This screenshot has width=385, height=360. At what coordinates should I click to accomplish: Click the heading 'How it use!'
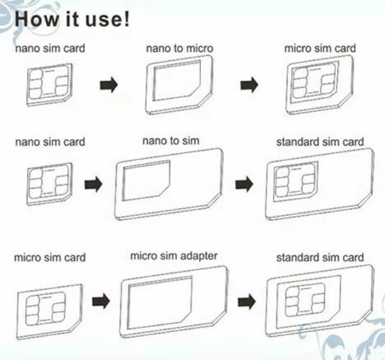click(x=72, y=19)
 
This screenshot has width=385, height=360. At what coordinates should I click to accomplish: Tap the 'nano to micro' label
click(x=179, y=48)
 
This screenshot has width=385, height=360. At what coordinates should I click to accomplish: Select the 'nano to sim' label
click(x=171, y=141)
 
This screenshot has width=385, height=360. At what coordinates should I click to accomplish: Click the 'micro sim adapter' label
click(x=174, y=256)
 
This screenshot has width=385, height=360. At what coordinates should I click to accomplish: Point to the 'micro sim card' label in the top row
click(x=320, y=48)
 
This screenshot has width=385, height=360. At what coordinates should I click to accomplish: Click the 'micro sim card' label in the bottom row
click(x=50, y=258)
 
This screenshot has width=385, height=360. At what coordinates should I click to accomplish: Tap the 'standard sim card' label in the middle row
click(x=320, y=142)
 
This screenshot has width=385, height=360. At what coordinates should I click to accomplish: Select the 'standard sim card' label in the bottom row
click(x=320, y=258)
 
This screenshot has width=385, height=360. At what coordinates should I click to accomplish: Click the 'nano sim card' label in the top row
click(x=50, y=48)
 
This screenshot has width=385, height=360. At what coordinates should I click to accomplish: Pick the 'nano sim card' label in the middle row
click(x=50, y=142)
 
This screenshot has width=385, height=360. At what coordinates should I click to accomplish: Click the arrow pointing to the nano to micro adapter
click(x=109, y=85)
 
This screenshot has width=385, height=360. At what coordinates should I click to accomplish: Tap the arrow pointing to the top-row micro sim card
click(x=249, y=85)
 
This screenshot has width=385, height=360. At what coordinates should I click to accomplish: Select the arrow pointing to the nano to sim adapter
click(x=93, y=184)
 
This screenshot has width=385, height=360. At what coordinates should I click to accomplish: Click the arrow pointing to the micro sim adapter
click(x=101, y=301)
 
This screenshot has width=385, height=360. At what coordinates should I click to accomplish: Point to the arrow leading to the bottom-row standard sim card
click(x=247, y=301)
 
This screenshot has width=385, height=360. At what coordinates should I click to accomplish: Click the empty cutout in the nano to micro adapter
click(x=176, y=81)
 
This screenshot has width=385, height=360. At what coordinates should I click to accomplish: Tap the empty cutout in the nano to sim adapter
click(x=146, y=181)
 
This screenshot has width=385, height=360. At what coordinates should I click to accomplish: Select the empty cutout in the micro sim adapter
click(x=159, y=303)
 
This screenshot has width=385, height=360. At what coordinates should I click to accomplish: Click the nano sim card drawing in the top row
click(x=49, y=85)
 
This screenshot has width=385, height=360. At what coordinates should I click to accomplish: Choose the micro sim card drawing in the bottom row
click(x=49, y=312)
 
